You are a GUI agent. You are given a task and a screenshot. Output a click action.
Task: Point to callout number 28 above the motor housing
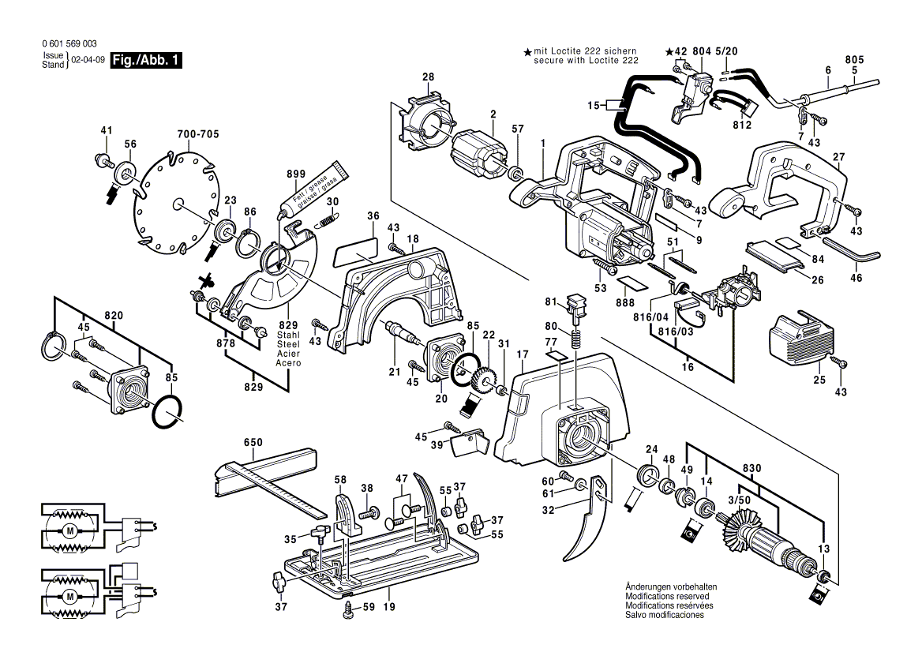click(x=428, y=77)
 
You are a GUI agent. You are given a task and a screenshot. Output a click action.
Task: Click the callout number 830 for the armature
click(x=752, y=469)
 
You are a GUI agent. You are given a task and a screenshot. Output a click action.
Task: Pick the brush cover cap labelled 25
click(x=800, y=339)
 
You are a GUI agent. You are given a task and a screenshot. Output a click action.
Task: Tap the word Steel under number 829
click(x=287, y=344)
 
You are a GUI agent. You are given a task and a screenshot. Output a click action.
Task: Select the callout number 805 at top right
click(x=854, y=59)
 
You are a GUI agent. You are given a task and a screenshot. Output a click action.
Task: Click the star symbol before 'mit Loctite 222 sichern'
click(x=527, y=52)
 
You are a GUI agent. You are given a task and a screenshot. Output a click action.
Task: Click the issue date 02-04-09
click(x=88, y=61)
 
